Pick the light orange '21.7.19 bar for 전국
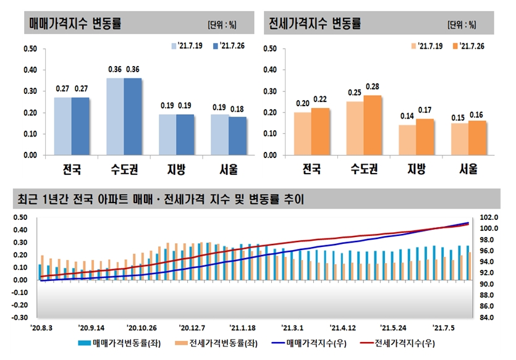coord(302,133)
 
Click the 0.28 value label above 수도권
coord(373,86)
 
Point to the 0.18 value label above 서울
coord(238,108)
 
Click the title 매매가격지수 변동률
coord(75,23)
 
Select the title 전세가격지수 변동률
coord(315,23)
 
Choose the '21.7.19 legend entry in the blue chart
coord(188,46)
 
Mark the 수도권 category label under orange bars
coord(364,168)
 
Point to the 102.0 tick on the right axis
coord(488,218)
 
